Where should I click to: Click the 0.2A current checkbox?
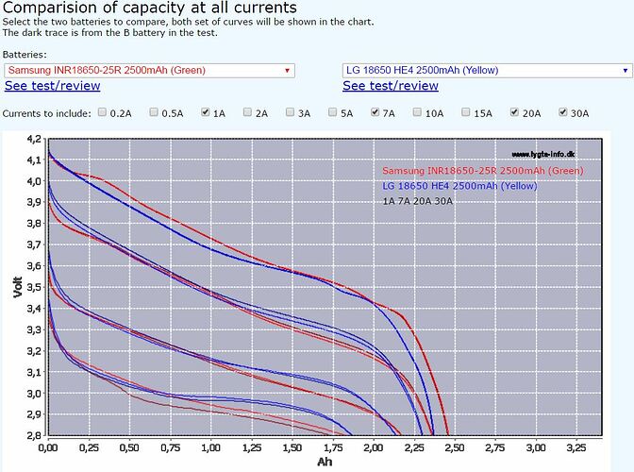pos(102,112)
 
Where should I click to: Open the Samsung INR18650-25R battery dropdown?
pos(149,70)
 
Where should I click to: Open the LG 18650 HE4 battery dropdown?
pos(487,70)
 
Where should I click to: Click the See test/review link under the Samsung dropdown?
pos(52,86)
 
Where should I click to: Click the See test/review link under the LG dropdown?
pos(391,86)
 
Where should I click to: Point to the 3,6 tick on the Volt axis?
pos(34,266)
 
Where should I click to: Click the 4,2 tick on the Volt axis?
pos(34,139)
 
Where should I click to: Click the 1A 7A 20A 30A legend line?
pos(418,201)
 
